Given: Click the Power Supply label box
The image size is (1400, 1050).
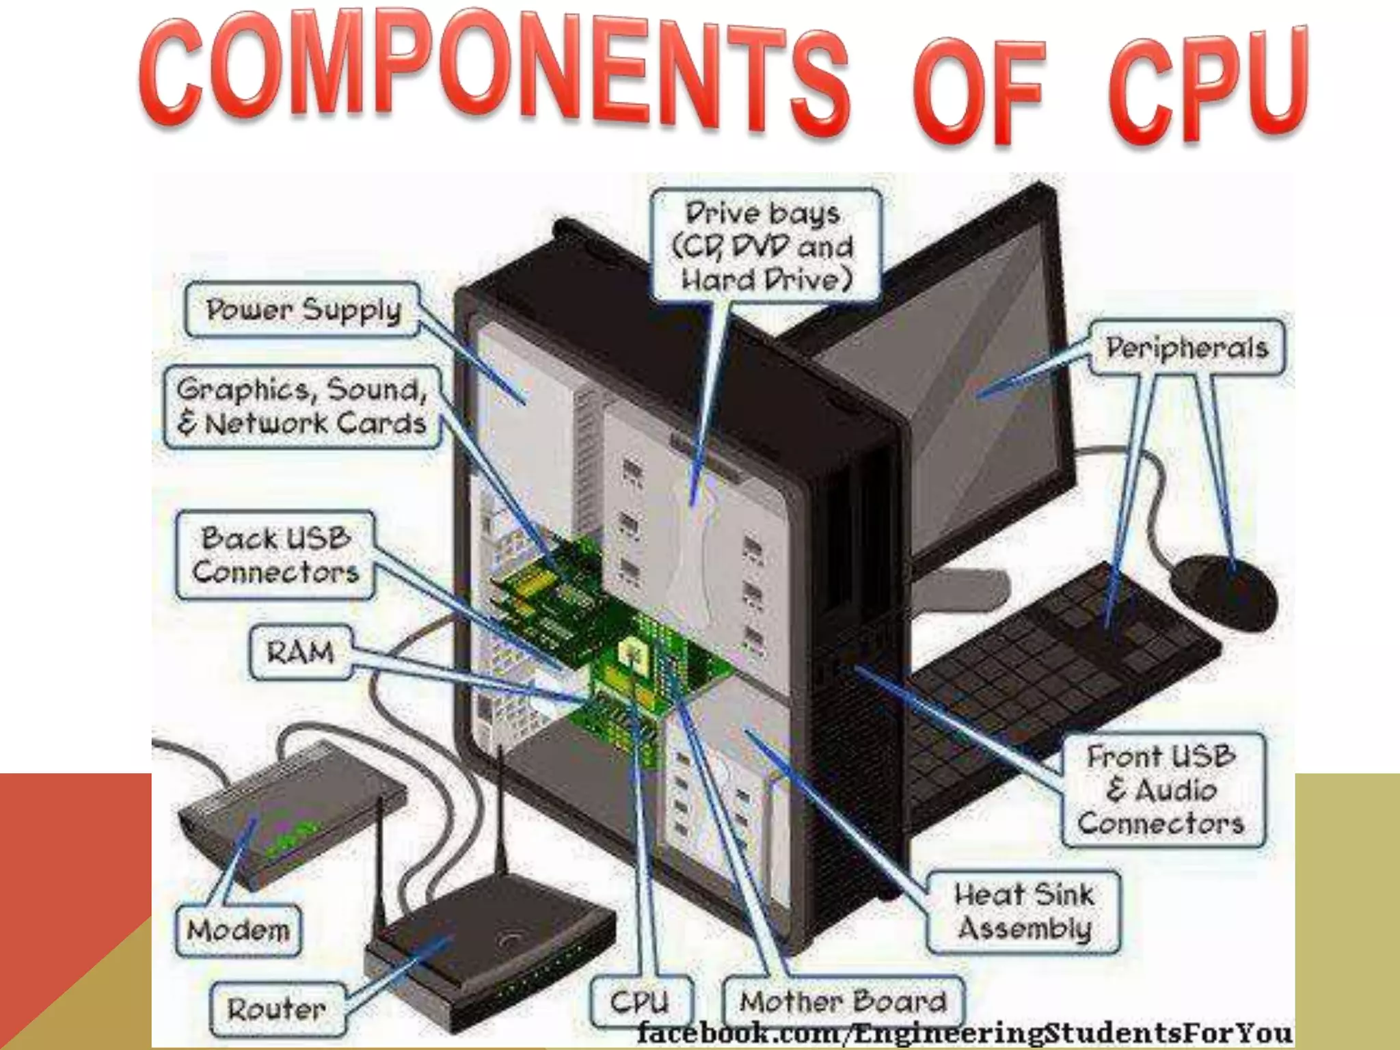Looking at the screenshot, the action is [302, 311].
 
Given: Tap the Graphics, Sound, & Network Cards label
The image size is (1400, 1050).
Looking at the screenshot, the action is [302, 407].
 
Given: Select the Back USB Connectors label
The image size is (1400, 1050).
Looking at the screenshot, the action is [275, 555].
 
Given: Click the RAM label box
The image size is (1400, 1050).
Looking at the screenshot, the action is [301, 652].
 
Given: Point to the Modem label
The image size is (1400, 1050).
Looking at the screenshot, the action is [239, 930].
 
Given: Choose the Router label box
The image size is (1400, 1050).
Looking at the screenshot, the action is [277, 1009].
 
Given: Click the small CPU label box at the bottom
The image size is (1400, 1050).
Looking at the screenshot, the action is [640, 1002].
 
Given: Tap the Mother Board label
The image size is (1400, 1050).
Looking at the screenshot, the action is [843, 1002].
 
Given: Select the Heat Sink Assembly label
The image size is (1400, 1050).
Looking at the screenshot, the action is [1023, 911].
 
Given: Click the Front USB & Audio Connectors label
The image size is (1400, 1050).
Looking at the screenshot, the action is [1162, 790].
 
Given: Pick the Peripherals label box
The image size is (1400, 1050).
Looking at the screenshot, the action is [1187, 348].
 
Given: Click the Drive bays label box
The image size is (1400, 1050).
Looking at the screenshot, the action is [766, 246].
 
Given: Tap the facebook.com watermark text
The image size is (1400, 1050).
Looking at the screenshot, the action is [964, 1032].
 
